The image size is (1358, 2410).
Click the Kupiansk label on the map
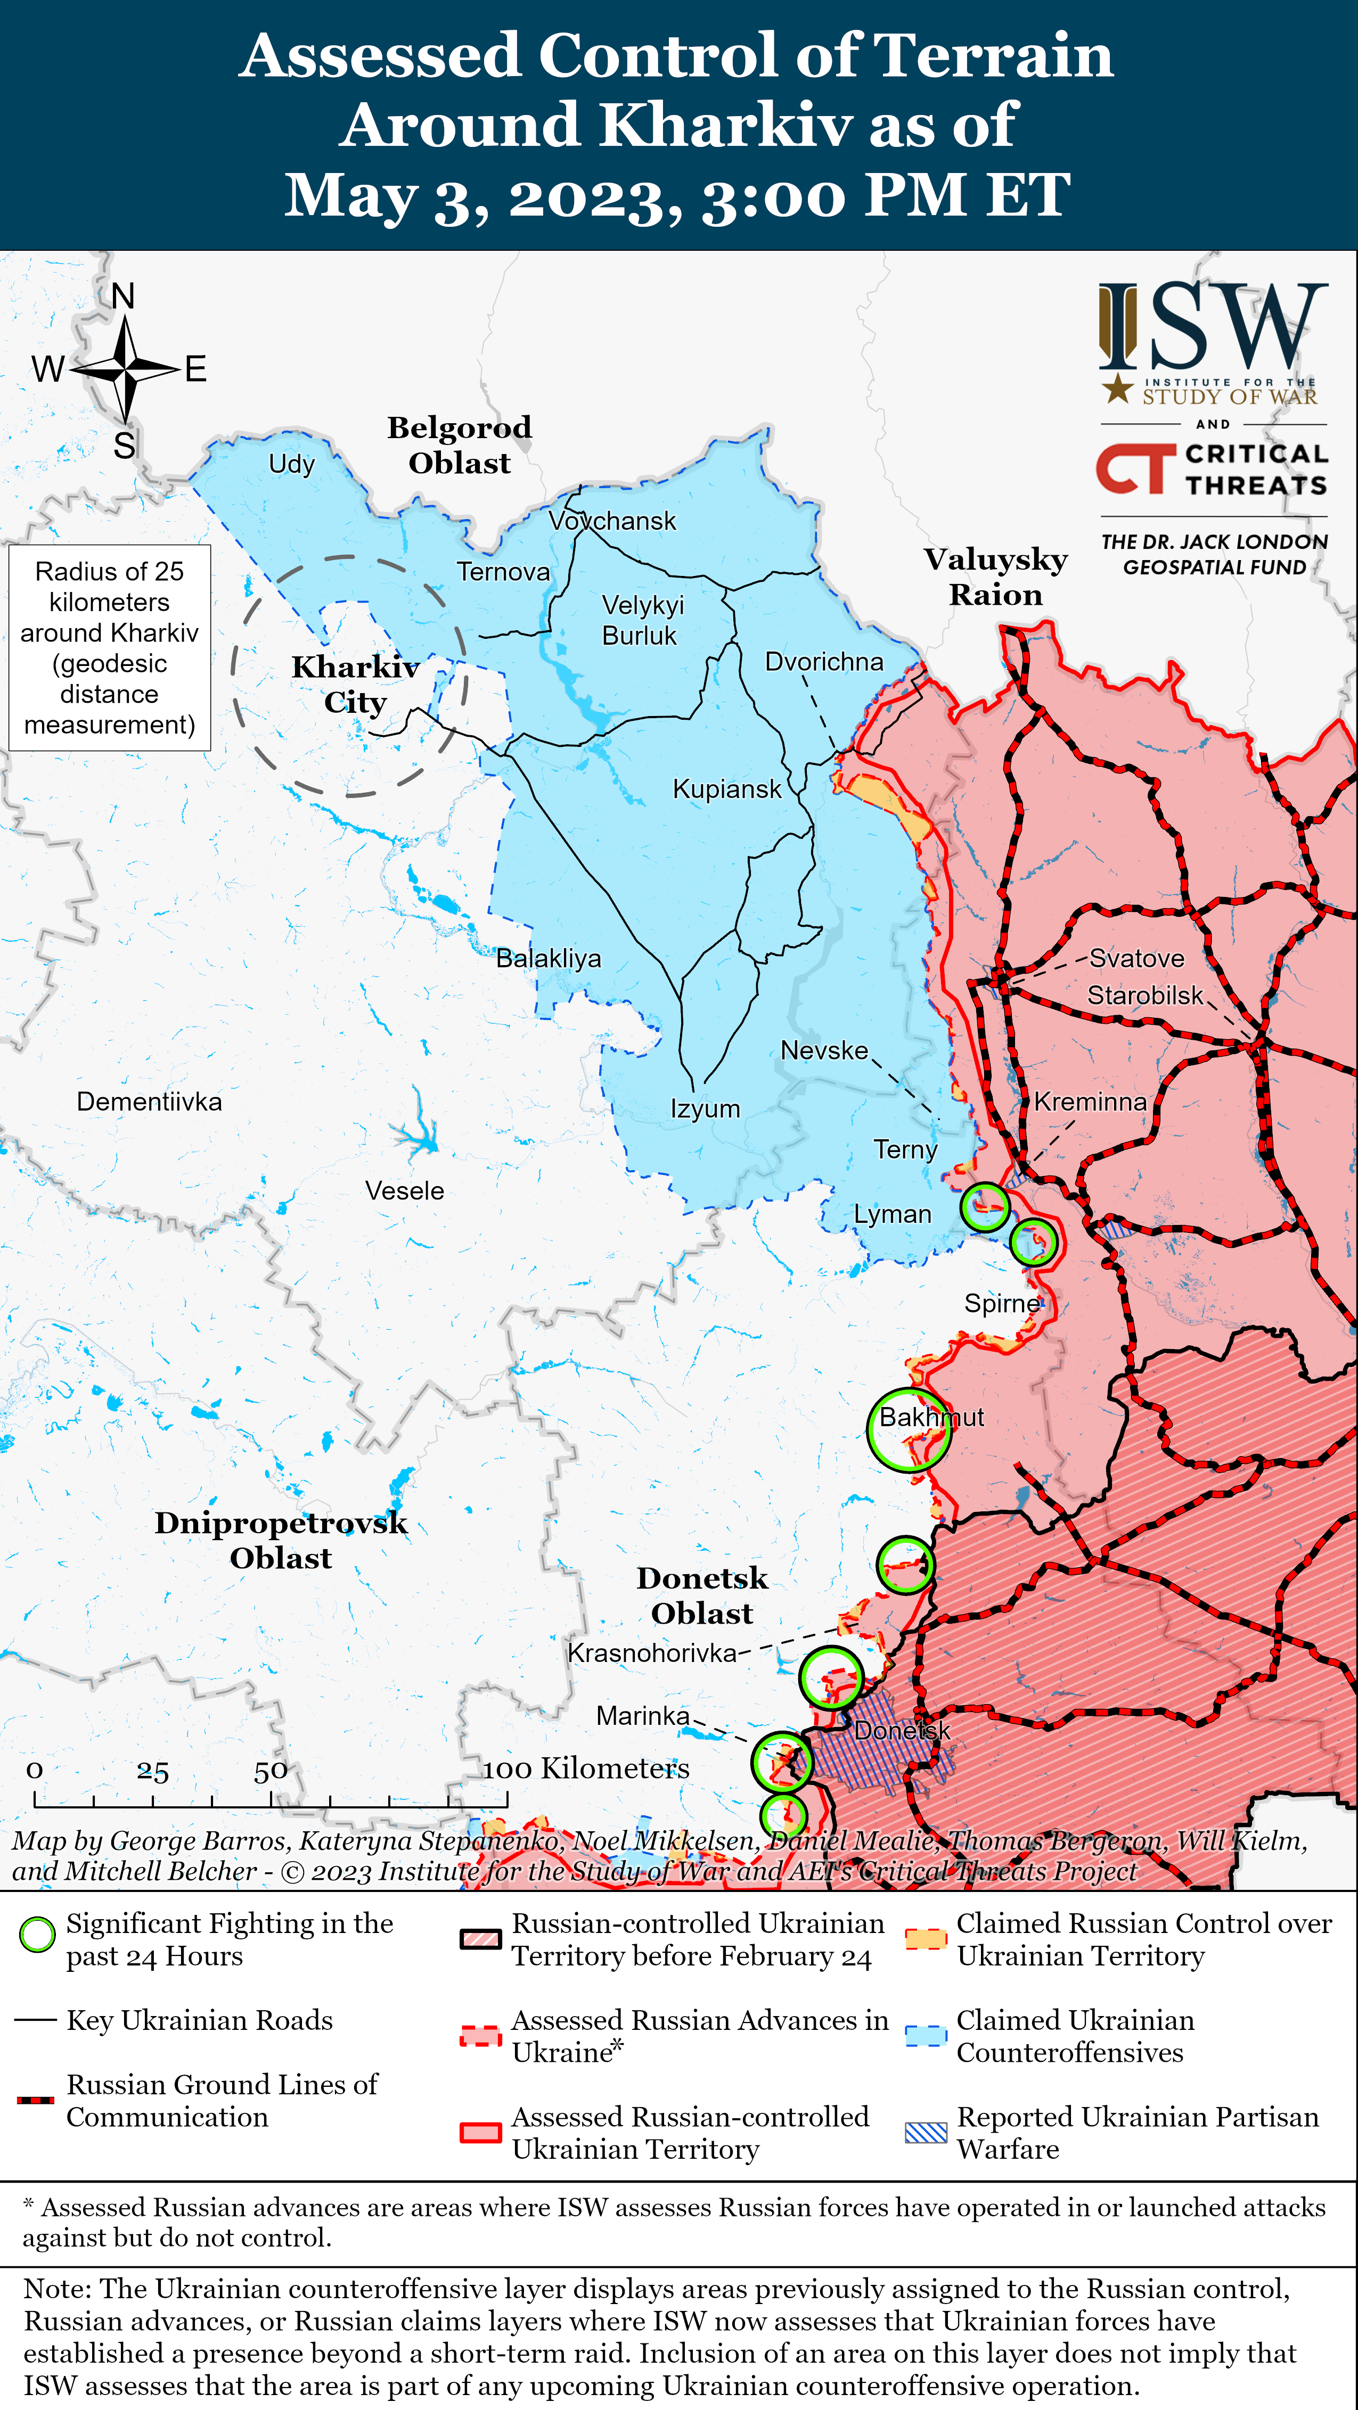pyautogui.click(x=726, y=788)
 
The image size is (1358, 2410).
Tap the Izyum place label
pyautogui.click(x=705, y=1108)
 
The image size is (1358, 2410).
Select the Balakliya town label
pyautogui.click(x=549, y=958)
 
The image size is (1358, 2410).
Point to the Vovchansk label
pyautogui.click(x=612, y=521)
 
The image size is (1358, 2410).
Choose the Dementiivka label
pyautogui.click(x=149, y=1101)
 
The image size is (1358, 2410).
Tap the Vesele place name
pyautogui.click(x=404, y=1191)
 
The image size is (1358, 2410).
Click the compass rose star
pyautogui.click(x=125, y=368)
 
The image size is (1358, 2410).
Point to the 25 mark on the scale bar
pyautogui.click(x=152, y=1771)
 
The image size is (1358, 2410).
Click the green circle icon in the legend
pyautogui.click(x=37, y=1935)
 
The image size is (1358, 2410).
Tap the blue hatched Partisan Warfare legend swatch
pyautogui.click(x=926, y=2132)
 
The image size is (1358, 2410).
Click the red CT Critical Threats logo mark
pyautogui.click(x=1134, y=468)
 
